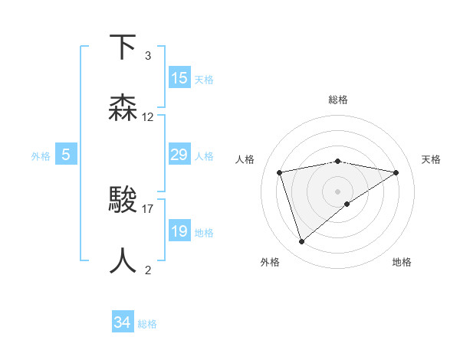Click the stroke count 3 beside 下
click(x=148, y=56)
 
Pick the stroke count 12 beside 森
click(x=148, y=117)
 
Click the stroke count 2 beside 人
click(x=148, y=270)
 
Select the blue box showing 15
click(x=179, y=78)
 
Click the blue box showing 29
click(x=179, y=155)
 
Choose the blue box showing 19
click(x=179, y=231)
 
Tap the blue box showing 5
click(x=66, y=155)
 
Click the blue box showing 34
click(x=122, y=322)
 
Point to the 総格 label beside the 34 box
click(x=147, y=324)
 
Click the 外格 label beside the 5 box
click(x=41, y=156)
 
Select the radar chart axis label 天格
click(x=432, y=159)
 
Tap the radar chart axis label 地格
click(x=402, y=262)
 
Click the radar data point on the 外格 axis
click(x=301, y=241)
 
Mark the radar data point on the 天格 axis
click(x=396, y=172)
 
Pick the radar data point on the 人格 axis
click(x=280, y=172)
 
